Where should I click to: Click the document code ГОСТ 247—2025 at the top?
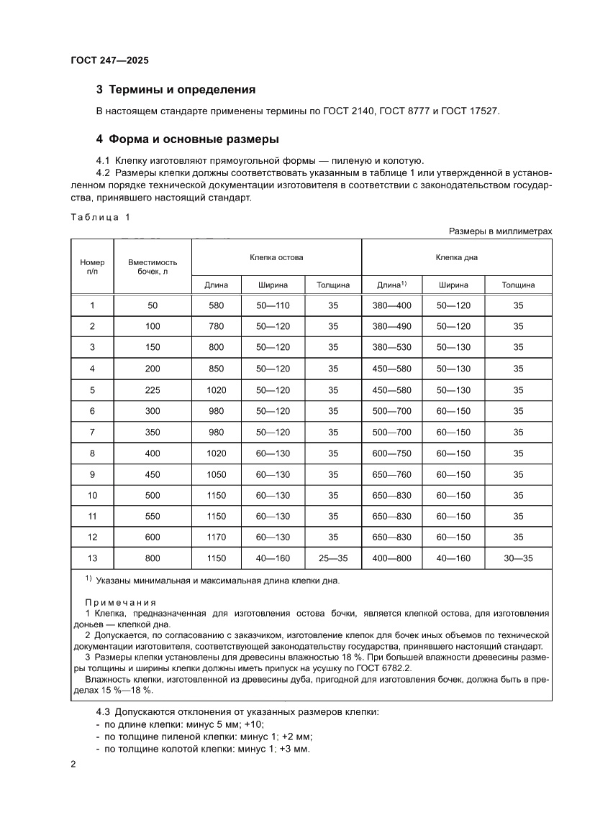click(x=109, y=61)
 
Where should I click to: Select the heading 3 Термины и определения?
click(x=176, y=90)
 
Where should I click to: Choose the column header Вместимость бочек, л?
click(x=152, y=266)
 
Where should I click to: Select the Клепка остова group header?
click(x=276, y=257)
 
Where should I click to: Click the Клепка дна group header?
click(x=456, y=257)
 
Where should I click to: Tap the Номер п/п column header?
click(x=92, y=266)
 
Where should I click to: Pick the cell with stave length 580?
click(x=216, y=305)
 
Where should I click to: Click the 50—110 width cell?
click(x=273, y=305)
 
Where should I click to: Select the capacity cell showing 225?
click(x=152, y=390)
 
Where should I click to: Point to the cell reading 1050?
click(x=216, y=474)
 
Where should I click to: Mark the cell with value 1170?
click(x=216, y=537)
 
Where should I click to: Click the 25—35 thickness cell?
click(x=333, y=558)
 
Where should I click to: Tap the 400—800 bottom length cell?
click(x=392, y=558)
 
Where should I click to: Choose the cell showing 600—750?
click(x=392, y=453)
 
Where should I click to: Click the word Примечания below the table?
click(x=120, y=601)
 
